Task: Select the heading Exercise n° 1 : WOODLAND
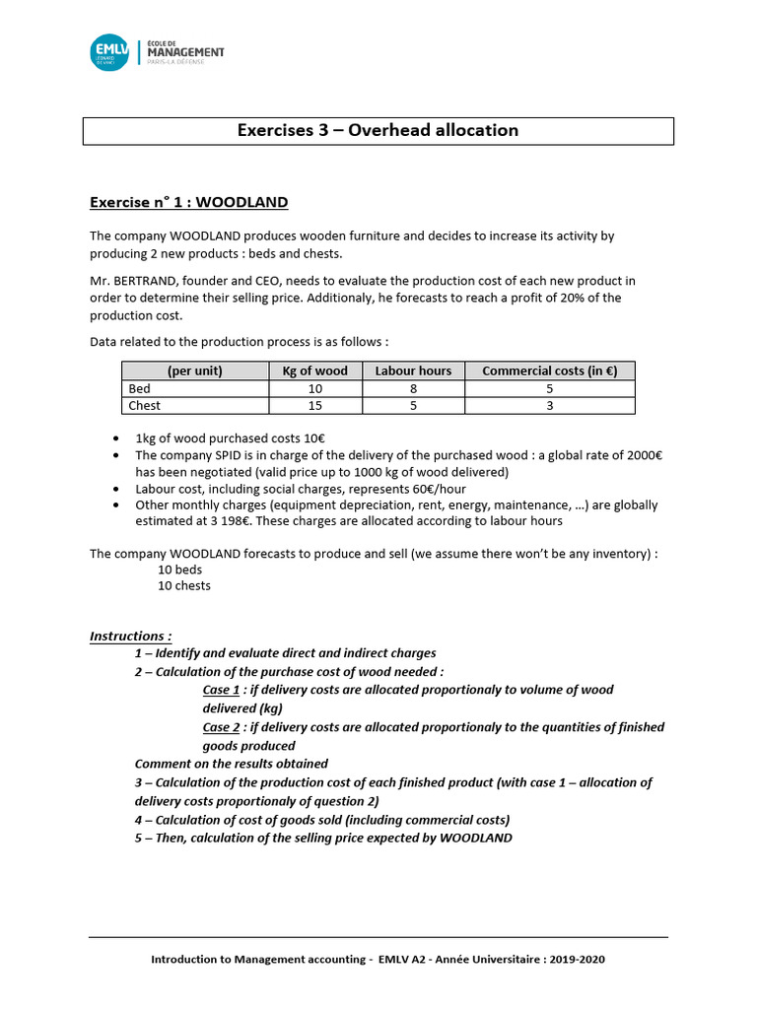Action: point(188,202)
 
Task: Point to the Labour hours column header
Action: point(413,370)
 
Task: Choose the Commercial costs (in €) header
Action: point(549,370)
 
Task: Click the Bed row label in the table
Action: point(140,388)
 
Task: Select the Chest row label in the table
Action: point(145,405)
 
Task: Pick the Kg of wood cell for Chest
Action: point(314,405)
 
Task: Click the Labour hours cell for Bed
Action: point(413,388)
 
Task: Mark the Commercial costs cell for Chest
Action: point(549,405)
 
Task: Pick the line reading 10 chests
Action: point(184,585)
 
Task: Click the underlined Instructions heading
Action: point(130,636)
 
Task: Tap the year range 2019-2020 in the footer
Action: point(588,959)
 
